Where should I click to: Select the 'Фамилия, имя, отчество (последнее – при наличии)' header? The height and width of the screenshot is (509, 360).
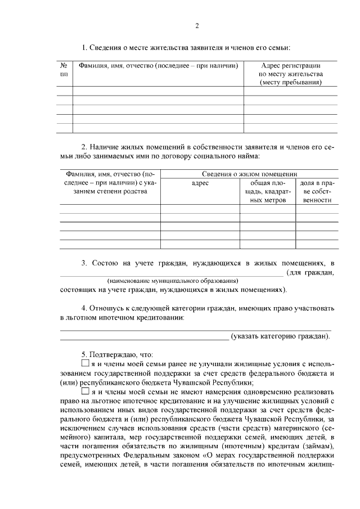[x=158, y=66]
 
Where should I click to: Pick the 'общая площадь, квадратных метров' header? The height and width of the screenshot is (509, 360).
[x=267, y=191]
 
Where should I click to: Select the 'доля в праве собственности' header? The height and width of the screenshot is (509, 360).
[x=317, y=191]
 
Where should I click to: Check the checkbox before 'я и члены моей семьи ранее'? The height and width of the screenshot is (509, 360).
[x=85, y=364]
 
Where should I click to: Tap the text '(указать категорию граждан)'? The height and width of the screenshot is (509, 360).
[x=281, y=336]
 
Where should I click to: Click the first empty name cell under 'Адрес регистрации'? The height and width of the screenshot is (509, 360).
[x=290, y=91]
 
